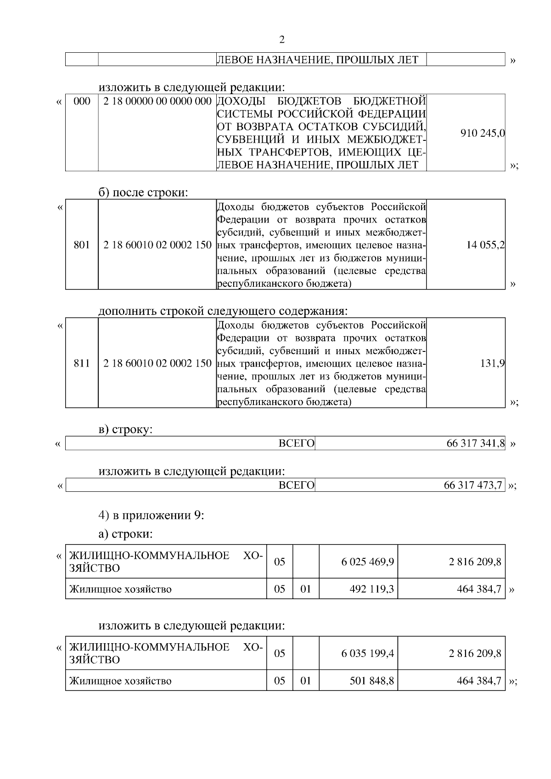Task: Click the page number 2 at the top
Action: [282, 40]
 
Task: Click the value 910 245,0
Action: [482, 133]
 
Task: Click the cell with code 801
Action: [82, 245]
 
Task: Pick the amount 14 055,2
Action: [485, 245]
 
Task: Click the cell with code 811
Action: [82, 364]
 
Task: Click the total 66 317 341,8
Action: [475, 444]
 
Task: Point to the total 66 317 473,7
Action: [473, 485]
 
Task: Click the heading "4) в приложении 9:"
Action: [152, 515]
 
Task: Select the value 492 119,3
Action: [371, 589]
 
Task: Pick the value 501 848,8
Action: [371, 681]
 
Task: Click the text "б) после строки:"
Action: [143, 193]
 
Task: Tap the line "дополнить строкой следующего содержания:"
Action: [223, 311]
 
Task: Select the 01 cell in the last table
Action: [306, 681]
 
